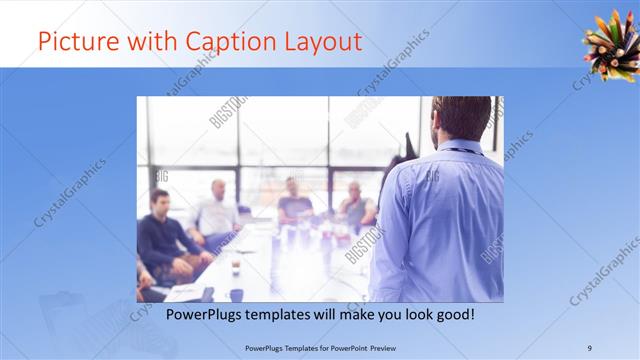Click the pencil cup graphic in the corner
coord(611,47)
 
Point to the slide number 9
coord(590,347)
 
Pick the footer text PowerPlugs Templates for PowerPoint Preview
coord(319,347)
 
